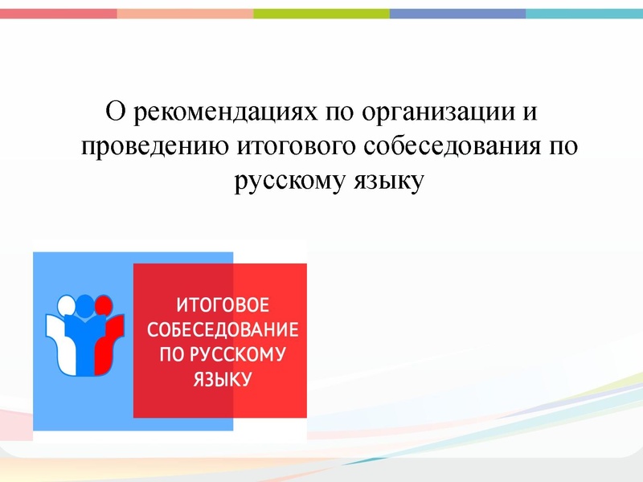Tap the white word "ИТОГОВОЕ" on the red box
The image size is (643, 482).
(x=222, y=306)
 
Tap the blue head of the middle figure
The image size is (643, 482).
(x=84, y=304)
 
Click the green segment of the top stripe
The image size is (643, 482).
(x=321, y=14)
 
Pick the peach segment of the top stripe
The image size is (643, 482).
(x=185, y=14)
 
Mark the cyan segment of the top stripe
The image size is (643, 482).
(x=584, y=14)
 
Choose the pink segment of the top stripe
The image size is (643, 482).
(x=58, y=14)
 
